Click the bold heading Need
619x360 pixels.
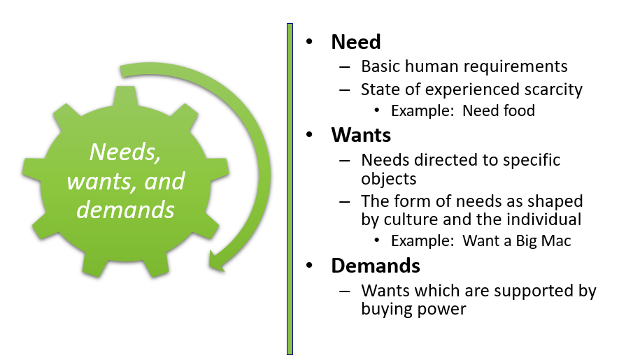[355, 42]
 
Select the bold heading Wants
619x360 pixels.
[360, 134]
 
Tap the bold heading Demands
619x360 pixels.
[375, 266]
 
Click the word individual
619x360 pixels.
[543, 219]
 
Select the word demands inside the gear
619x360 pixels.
[126, 209]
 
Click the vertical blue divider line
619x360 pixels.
[290, 189]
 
